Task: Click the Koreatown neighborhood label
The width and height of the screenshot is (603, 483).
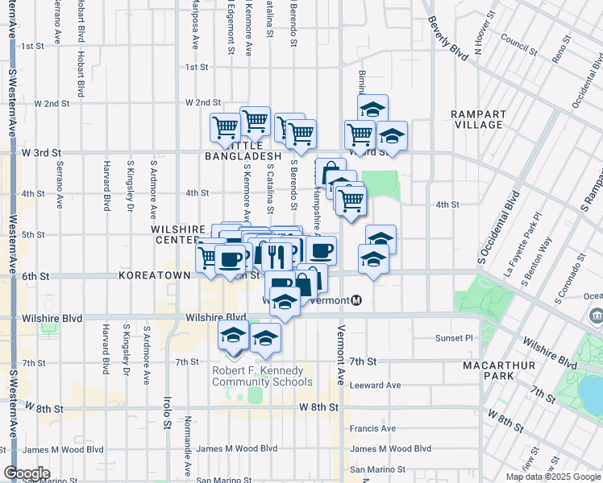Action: [x=154, y=275]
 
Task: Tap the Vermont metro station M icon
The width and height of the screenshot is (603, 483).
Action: [x=356, y=300]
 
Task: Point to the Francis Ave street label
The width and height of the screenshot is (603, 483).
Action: [x=373, y=428]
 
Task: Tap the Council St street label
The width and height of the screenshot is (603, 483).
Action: [x=519, y=37]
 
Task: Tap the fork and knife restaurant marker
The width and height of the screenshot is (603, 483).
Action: [x=277, y=256]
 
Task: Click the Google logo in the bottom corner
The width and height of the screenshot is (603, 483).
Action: [x=27, y=473]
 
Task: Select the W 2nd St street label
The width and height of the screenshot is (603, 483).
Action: [x=202, y=103]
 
